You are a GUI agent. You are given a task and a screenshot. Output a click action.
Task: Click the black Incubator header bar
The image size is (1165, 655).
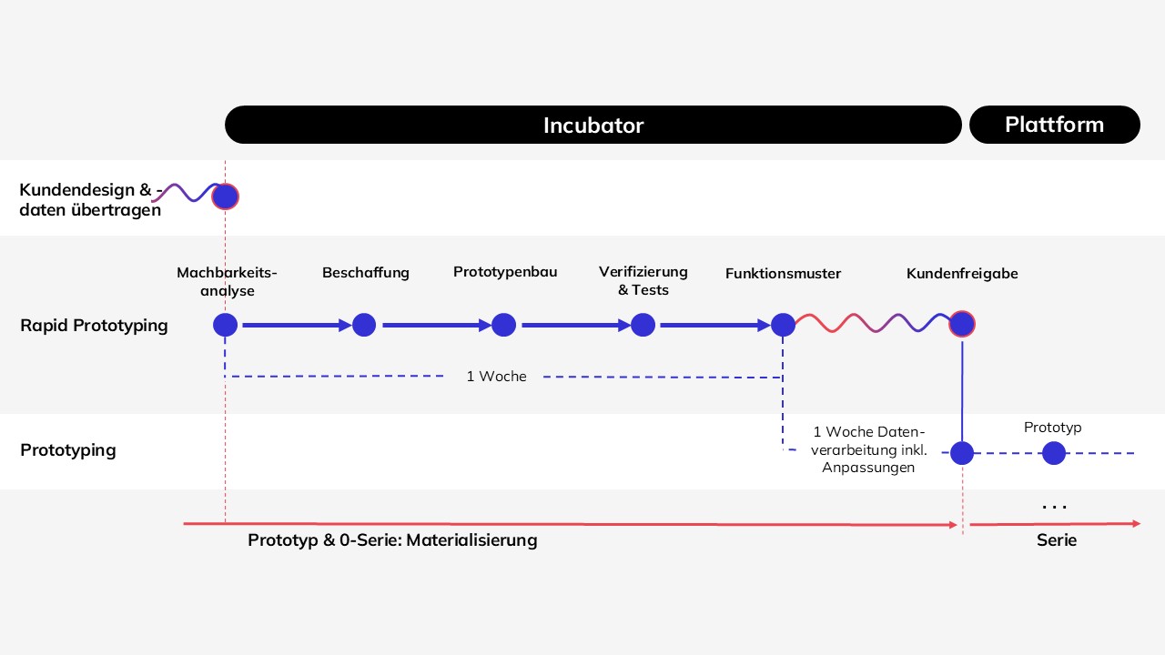[x=593, y=125]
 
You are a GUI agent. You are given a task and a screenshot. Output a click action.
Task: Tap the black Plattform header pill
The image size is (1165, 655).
[x=1055, y=125]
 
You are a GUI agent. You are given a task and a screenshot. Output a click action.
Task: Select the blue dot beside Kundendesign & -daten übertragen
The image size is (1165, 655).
[x=225, y=196]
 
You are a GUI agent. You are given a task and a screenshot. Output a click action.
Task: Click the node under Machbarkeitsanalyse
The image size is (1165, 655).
[x=225, y=325]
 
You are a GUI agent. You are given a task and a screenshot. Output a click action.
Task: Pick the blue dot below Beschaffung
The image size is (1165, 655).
[x=364, y=325]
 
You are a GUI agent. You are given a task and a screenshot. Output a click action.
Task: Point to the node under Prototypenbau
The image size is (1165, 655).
[x=503, y=325]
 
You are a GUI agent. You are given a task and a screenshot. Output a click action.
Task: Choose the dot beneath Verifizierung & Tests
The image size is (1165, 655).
[x=643, y=325]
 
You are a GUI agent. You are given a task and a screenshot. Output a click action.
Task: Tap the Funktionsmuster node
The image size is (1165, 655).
[x=783, y=325]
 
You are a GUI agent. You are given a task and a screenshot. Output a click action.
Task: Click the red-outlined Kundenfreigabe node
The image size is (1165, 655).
[x=962, y=324]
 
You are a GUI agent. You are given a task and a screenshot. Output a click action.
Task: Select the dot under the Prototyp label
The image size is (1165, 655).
[x=1054, y=453]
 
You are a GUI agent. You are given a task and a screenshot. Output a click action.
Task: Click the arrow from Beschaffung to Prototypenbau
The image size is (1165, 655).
[x=437, y=326]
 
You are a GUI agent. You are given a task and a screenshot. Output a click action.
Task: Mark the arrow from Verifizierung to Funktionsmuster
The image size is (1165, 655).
[x=715, y=326]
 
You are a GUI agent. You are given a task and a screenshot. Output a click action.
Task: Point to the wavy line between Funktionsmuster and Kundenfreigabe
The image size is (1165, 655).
[x=873, y=323]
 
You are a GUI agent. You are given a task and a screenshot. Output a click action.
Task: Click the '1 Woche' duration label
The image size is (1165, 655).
[x=496, y=376]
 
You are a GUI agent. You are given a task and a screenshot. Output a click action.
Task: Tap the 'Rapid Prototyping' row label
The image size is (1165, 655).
[x=94, y=326]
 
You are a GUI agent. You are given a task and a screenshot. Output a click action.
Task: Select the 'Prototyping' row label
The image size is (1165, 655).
[x=68, y=450]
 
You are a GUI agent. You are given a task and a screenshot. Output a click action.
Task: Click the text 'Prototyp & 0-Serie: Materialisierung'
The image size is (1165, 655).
[x=392, y=540]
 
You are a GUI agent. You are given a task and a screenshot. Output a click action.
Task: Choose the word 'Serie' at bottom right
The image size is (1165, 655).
[x=1057, y=540]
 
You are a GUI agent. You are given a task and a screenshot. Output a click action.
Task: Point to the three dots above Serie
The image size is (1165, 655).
[x=1055, y=507]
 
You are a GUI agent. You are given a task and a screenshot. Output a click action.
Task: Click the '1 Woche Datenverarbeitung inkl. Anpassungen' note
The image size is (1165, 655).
[x=868, y=449]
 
